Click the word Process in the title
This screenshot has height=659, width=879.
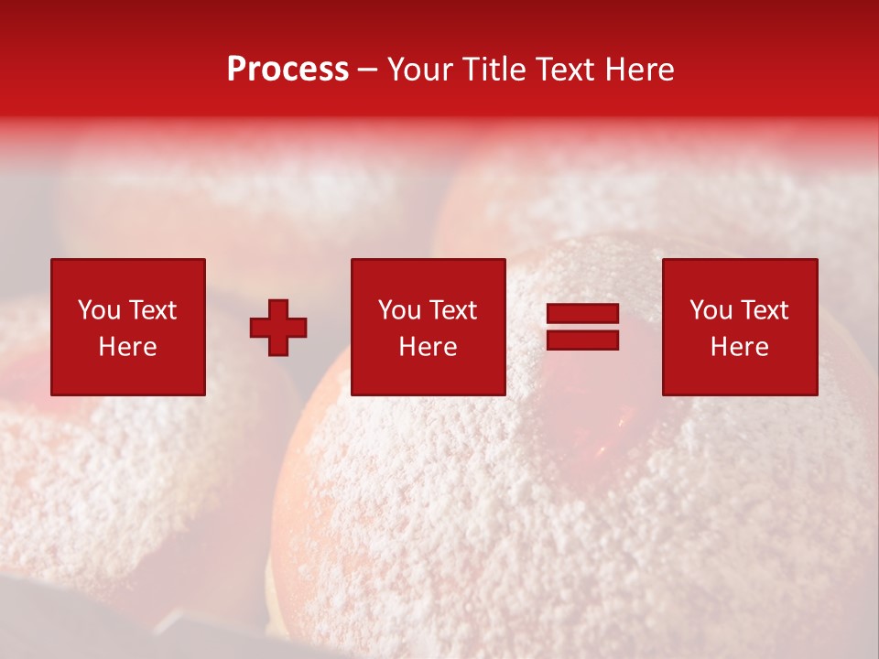(288, 70)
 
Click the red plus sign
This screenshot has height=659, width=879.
(278, 328)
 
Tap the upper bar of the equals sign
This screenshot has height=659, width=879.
(582, 314)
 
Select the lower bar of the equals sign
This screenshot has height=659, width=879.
(582, 340)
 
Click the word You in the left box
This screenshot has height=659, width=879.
(99, 310)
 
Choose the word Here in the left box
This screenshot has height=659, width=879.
(127, 347)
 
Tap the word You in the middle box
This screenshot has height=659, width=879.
(399, 310)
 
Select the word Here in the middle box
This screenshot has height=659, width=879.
(428, 347)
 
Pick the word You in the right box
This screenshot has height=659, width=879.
(711, 310)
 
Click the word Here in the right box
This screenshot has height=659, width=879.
(739, 347)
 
